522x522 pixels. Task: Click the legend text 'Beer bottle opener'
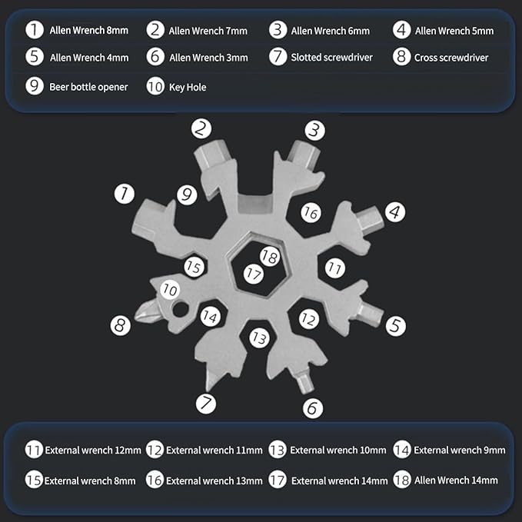click(x=88, y=87)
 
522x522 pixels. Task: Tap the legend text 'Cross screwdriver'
click(x=451, y=57)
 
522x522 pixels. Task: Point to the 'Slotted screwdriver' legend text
click(x=331, y=57)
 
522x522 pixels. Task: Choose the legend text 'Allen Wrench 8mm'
click(x=88, y=31)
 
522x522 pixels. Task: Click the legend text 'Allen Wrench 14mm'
click(x=456, y=480)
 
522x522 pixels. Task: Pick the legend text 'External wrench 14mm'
click(x=339, y=480)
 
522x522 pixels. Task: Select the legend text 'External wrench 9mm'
click(x=459, y=450)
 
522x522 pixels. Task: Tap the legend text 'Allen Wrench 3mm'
click(x=208, y=57)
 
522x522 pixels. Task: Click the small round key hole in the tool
click(x=181, y=311)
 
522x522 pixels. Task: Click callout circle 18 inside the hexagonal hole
click(x=268, y=257)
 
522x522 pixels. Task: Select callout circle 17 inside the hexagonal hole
click(x=254, y=272)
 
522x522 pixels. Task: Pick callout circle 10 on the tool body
click(x=170, y=290)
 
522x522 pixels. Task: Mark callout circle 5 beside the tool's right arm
click(x=395, y=325)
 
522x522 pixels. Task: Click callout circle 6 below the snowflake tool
click(x=312, y=408)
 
